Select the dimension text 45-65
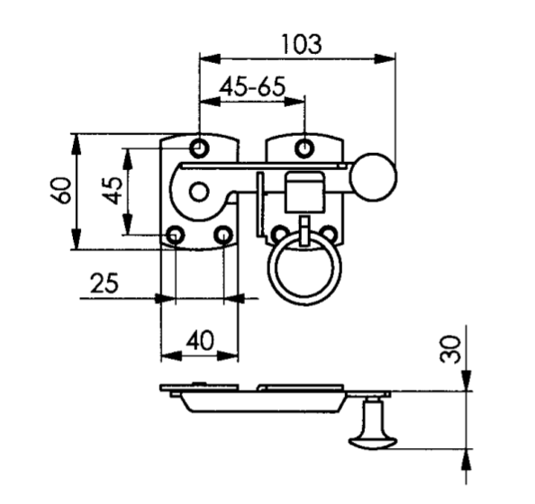click(252, 87)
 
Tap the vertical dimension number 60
click(61, 192)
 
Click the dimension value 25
click(104, 283)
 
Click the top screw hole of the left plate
click(199, 147)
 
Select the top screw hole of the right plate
click(305, 147)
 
